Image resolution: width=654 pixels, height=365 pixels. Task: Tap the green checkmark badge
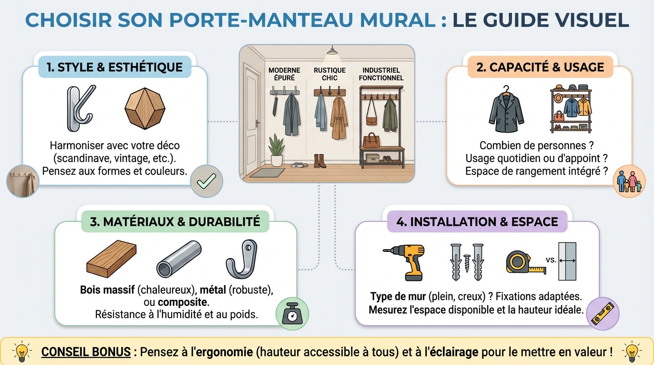coord(206,181)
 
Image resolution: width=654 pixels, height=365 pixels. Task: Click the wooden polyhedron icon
coord(145,108)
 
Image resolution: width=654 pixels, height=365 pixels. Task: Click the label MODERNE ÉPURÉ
coord(284,74)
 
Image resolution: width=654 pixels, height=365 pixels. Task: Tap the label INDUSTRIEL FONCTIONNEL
coord(381,74)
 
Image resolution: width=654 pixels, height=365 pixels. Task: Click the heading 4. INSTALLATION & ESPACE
coord(477,221)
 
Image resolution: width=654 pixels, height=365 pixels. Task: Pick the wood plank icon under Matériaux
coord(112,259)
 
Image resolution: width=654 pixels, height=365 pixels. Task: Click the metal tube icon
coord(179,259)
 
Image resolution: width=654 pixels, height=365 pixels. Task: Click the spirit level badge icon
coord(603,314)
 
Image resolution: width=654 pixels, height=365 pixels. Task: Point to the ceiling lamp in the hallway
coord(332,50)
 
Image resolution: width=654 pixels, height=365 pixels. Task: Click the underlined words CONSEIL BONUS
coord(86,352)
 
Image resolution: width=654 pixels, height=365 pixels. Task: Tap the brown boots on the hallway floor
coord(319,161)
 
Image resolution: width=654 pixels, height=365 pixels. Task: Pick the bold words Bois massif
coord(107,290)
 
